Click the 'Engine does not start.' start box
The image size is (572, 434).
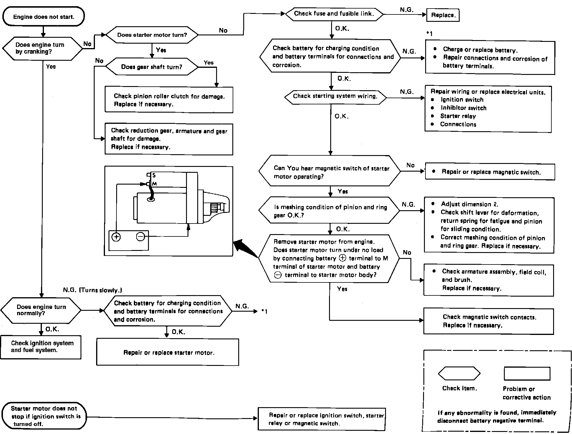(43, 17)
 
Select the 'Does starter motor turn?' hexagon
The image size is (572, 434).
(152, 35)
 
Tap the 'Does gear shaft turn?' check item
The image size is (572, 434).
(152, 67)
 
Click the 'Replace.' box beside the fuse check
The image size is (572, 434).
(443, 15)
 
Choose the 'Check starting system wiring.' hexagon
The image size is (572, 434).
(335, 96)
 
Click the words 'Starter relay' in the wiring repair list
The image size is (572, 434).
(458, 116)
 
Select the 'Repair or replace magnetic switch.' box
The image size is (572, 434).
(490, 172)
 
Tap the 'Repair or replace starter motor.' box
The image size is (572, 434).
(168, 352)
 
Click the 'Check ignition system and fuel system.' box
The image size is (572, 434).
(41, 347)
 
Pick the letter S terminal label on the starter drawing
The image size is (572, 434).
(154, 175)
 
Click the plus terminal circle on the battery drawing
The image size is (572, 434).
(116, 237)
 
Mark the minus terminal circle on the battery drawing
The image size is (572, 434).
(141, 236)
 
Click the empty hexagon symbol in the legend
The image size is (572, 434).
(459, 374)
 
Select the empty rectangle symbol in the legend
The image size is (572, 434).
(527, 374)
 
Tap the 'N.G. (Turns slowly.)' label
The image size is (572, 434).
(93, 290)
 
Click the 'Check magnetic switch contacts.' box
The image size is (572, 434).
(489, 321)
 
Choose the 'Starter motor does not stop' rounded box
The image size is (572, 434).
(44, 416)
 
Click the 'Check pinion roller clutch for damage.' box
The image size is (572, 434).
(169, 100)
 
